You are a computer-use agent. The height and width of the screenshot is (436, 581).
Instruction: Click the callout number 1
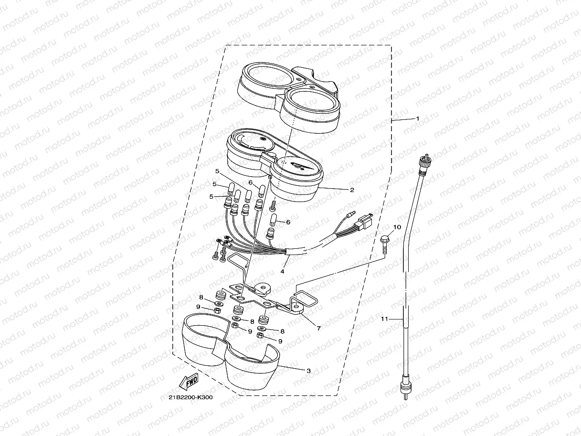coord(418,118)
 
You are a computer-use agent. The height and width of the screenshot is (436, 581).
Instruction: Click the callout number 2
coord(352,190)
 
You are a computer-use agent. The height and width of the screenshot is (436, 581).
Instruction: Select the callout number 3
coord(308,371)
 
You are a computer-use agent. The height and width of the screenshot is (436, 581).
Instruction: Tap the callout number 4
coord(282,271)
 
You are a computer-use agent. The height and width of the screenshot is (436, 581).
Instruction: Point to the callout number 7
coord(319,328)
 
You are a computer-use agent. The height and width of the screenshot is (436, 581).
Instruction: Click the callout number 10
coord(397,227)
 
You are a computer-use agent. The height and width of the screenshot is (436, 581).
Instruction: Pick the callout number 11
coord(384,319)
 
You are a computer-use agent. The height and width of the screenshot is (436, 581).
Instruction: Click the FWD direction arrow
coord(189,382)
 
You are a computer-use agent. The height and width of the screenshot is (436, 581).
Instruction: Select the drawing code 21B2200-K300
coord(190,397)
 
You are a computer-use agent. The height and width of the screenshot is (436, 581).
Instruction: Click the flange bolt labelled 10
coord(384,245)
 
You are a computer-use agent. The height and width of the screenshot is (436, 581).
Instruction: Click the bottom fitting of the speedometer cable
coord(405,387)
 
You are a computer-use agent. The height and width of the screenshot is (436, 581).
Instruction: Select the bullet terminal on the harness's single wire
coord(352,213)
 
